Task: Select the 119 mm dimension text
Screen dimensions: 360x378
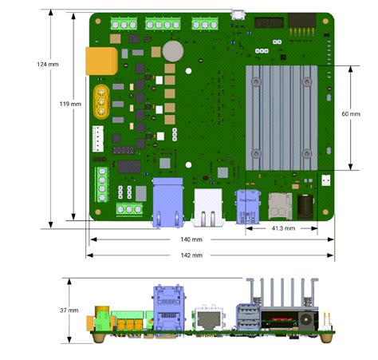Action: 70,104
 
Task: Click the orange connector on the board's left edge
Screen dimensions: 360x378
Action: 102,60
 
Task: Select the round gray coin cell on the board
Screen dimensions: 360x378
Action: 174,51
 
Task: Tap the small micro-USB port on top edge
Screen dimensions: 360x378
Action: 237,14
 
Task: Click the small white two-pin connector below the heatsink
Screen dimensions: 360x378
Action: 327,180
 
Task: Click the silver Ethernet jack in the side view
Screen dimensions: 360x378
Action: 209,319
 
